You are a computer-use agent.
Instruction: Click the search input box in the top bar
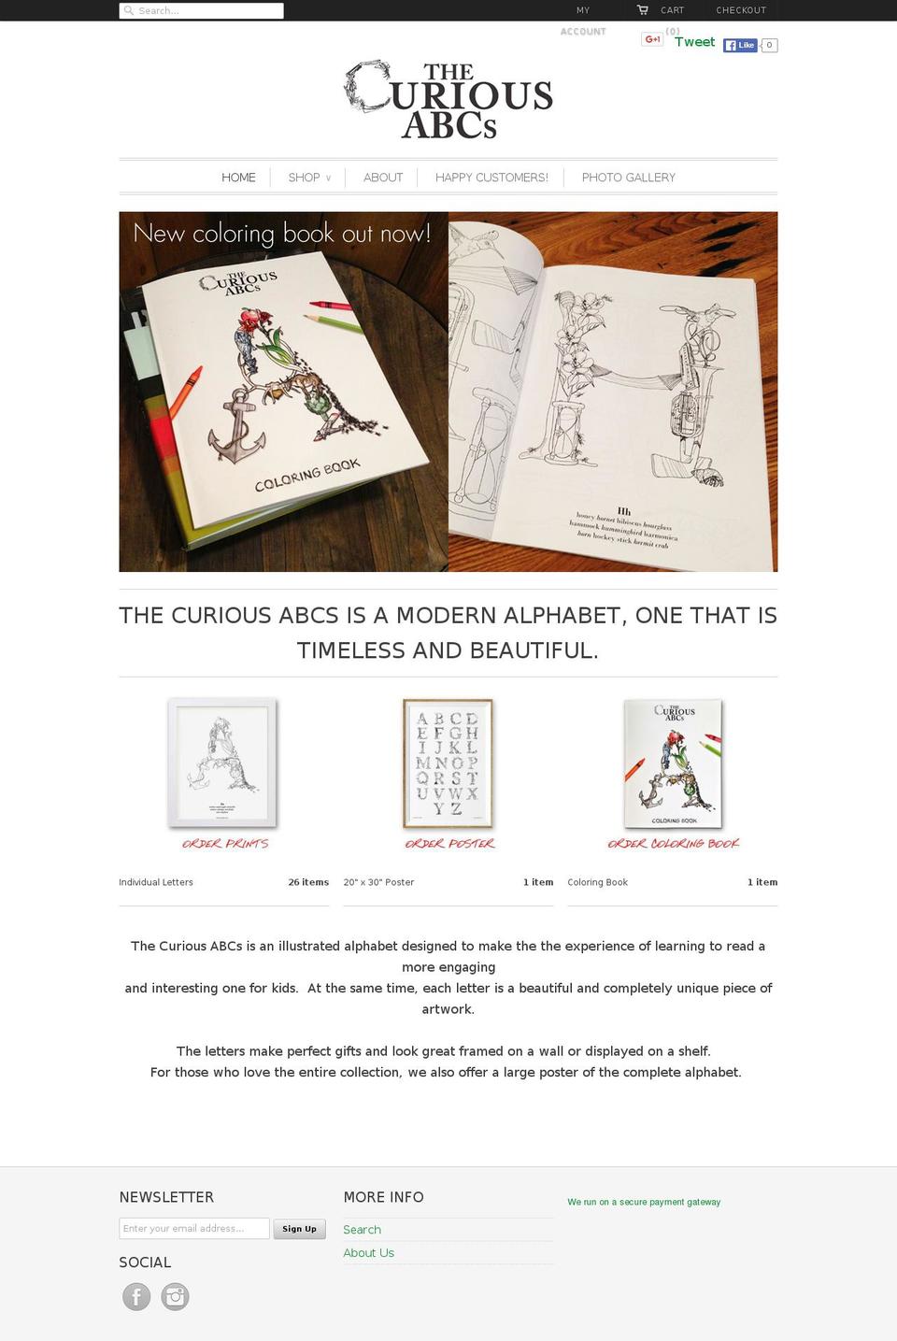click(201, 10)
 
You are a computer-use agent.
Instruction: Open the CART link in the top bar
click(671, 10)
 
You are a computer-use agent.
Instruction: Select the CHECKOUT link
click(740, 10)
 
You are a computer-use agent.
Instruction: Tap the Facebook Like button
click(740, 45)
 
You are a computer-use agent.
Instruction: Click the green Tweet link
click(694, 42)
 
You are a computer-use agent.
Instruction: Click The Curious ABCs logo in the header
click(448, 101)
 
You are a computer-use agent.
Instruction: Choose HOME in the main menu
click(238, 178)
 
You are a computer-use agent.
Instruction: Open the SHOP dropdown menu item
click(308, 178)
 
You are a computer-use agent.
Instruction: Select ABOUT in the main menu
click(383, 178)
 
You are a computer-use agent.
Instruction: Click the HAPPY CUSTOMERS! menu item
click(491, 178)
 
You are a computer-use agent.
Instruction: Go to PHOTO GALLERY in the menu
click(628, 178)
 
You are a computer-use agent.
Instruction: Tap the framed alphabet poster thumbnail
click(448, 763)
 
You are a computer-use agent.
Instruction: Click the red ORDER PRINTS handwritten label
click(224, 844)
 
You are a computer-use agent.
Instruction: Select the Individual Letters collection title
click(156, 882)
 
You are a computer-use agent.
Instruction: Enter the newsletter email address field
click(194, 1228)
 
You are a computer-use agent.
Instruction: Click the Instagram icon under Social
click(175, 1296)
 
